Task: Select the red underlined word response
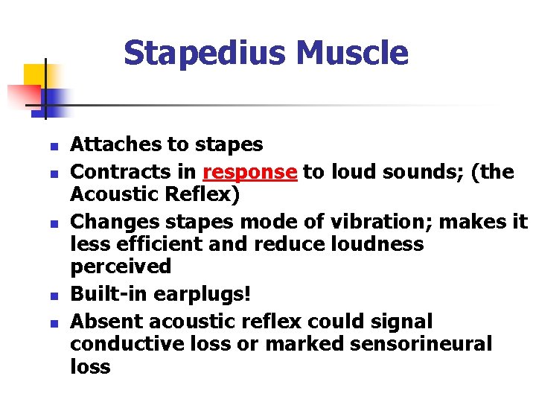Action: [250, 172]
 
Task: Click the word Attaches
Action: [108, 144]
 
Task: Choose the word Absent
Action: [106, 322]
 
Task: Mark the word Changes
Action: [106, 222]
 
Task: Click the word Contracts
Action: [112, 172]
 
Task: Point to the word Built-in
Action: [109, 294]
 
